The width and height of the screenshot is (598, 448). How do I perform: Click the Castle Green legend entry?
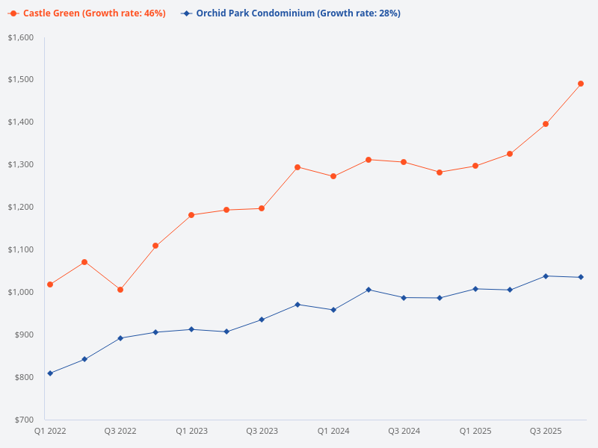coord(87,13)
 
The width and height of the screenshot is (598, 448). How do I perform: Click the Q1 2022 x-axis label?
coord(50,432)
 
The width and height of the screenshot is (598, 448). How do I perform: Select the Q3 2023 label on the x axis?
coord(262,432)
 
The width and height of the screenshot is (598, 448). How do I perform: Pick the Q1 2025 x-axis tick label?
coord(475,432)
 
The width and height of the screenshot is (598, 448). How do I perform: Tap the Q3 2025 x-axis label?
coord(546,432)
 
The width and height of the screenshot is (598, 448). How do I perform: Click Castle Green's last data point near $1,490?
coord(581,84)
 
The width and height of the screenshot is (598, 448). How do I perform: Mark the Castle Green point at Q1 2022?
coord(50,284)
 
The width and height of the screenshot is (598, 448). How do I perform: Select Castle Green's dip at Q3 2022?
coord(120,290)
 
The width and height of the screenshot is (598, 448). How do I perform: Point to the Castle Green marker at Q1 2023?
coord(191,215)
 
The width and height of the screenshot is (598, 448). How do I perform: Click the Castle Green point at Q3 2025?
coord(546,124)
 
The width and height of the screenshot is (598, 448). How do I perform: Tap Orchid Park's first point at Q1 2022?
coord(50,373)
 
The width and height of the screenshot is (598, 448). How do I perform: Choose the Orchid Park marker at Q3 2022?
coord(120,338)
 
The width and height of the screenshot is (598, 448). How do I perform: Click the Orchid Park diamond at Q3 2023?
coord(262,320)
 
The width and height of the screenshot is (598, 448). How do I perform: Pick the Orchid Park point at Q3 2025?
coord(546,276)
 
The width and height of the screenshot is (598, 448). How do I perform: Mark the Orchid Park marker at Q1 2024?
coord(333,310)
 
